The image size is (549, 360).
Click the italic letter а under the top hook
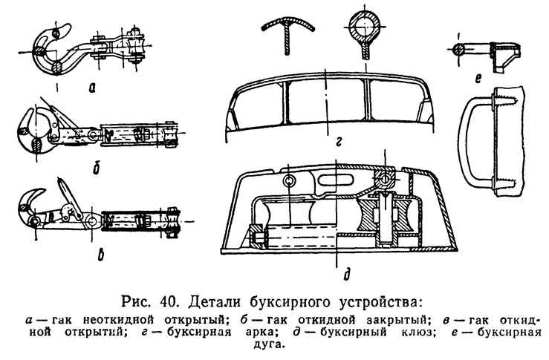(92, 88)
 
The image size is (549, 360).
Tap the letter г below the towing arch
(338, 142)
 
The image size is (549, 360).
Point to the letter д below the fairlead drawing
(348, 274)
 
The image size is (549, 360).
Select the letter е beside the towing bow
(478, 79)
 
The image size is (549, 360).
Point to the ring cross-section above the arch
(365, 27)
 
